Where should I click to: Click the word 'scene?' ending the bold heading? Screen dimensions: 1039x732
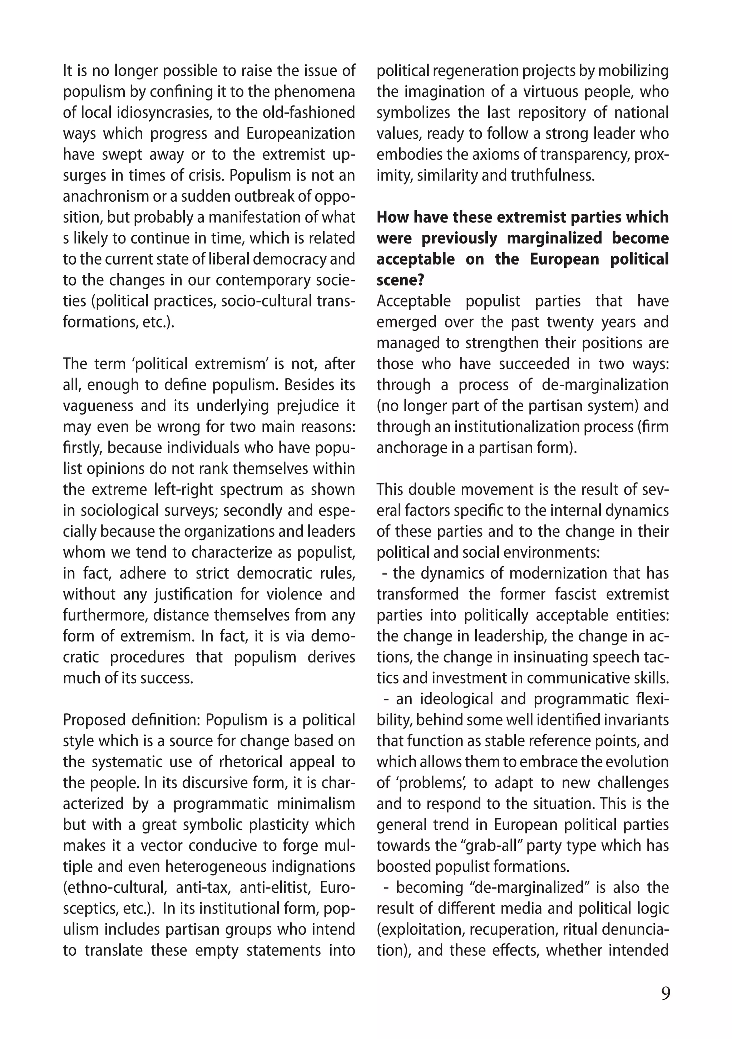click(x=400, y=280)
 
